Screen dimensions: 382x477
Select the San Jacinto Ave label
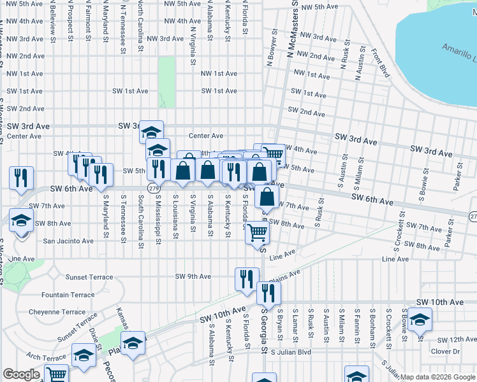[x=68, y=241]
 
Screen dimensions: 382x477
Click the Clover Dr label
[x=445, y=351]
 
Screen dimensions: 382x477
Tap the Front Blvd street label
[x=381, y=61]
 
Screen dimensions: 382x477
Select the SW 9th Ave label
[x=193, y=276]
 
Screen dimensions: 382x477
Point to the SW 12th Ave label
[x=445, y=340]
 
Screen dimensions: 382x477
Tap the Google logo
[x=21, y=374]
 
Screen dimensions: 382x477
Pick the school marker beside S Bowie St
[x=420, y=319]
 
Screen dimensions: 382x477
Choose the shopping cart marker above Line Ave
[x=258, y=233]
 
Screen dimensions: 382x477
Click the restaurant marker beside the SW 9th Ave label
[x=247, y=279]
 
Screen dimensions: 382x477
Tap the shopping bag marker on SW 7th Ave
[x=267, y=196]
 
